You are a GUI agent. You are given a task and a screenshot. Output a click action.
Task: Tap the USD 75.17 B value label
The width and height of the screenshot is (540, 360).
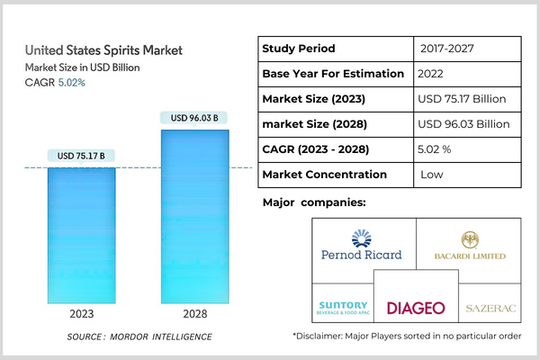click(81, 156)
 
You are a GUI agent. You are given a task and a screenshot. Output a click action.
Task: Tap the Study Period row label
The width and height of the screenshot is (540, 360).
click(298, 48)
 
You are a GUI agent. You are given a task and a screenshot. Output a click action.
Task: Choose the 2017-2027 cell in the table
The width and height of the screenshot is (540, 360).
click(446, 48)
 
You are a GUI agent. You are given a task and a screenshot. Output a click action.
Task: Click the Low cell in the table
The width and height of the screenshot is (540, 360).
click(433, 174)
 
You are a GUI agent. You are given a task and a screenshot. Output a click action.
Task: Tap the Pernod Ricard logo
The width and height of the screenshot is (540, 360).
click(361, 246)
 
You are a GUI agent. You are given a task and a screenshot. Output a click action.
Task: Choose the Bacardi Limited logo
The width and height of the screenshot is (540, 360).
click(469, 246)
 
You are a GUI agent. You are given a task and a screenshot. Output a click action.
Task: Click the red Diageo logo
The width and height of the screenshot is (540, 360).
click(416, 307)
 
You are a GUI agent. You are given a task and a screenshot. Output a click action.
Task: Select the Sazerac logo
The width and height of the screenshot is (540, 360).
click(490, 309)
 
